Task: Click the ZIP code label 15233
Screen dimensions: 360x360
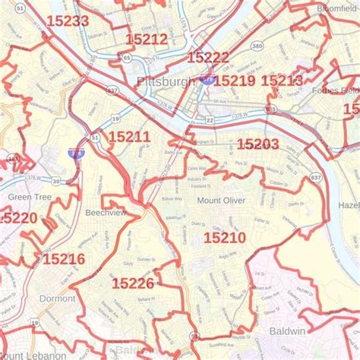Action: pos(68,21)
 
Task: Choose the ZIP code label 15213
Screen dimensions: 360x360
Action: pos(281,81)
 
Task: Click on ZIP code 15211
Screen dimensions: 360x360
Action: pos(129,137)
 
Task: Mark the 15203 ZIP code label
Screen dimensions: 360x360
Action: pos(257,144)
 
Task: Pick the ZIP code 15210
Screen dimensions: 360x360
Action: pos(224,238)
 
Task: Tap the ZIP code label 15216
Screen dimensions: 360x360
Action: pos(64,259)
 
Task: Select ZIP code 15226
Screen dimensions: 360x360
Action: pos(133,283)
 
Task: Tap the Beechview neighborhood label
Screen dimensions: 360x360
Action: pos(106,213)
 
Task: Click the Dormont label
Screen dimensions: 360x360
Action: pos(57,298)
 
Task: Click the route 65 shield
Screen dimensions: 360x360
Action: pos(126,58)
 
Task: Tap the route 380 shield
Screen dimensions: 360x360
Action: pos(257,46)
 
